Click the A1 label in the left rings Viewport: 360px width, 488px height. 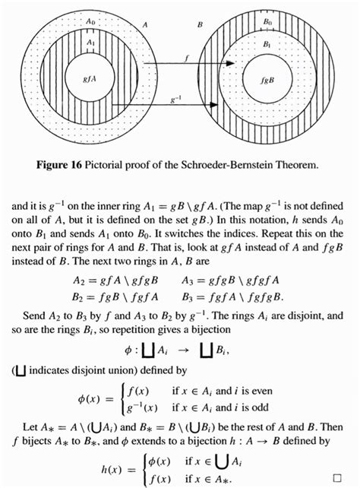(x=90, y=43)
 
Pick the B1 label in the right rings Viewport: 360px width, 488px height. (x=266, y=45)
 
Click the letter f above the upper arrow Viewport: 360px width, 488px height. (x=187, y=57)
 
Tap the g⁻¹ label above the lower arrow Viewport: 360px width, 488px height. (x=176, y=97)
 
